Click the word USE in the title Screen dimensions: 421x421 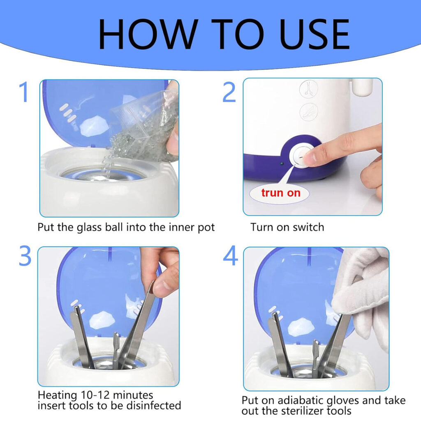tap(315, 34)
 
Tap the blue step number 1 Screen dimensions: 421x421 tap(24, 92)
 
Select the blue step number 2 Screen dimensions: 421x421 tap(229, 92)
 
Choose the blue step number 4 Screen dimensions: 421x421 tap(230, 255)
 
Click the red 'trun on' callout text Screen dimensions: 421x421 tap(280, 193)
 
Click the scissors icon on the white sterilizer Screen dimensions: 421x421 tap(309, 89)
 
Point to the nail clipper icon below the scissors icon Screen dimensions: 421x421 tap(309, 112)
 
